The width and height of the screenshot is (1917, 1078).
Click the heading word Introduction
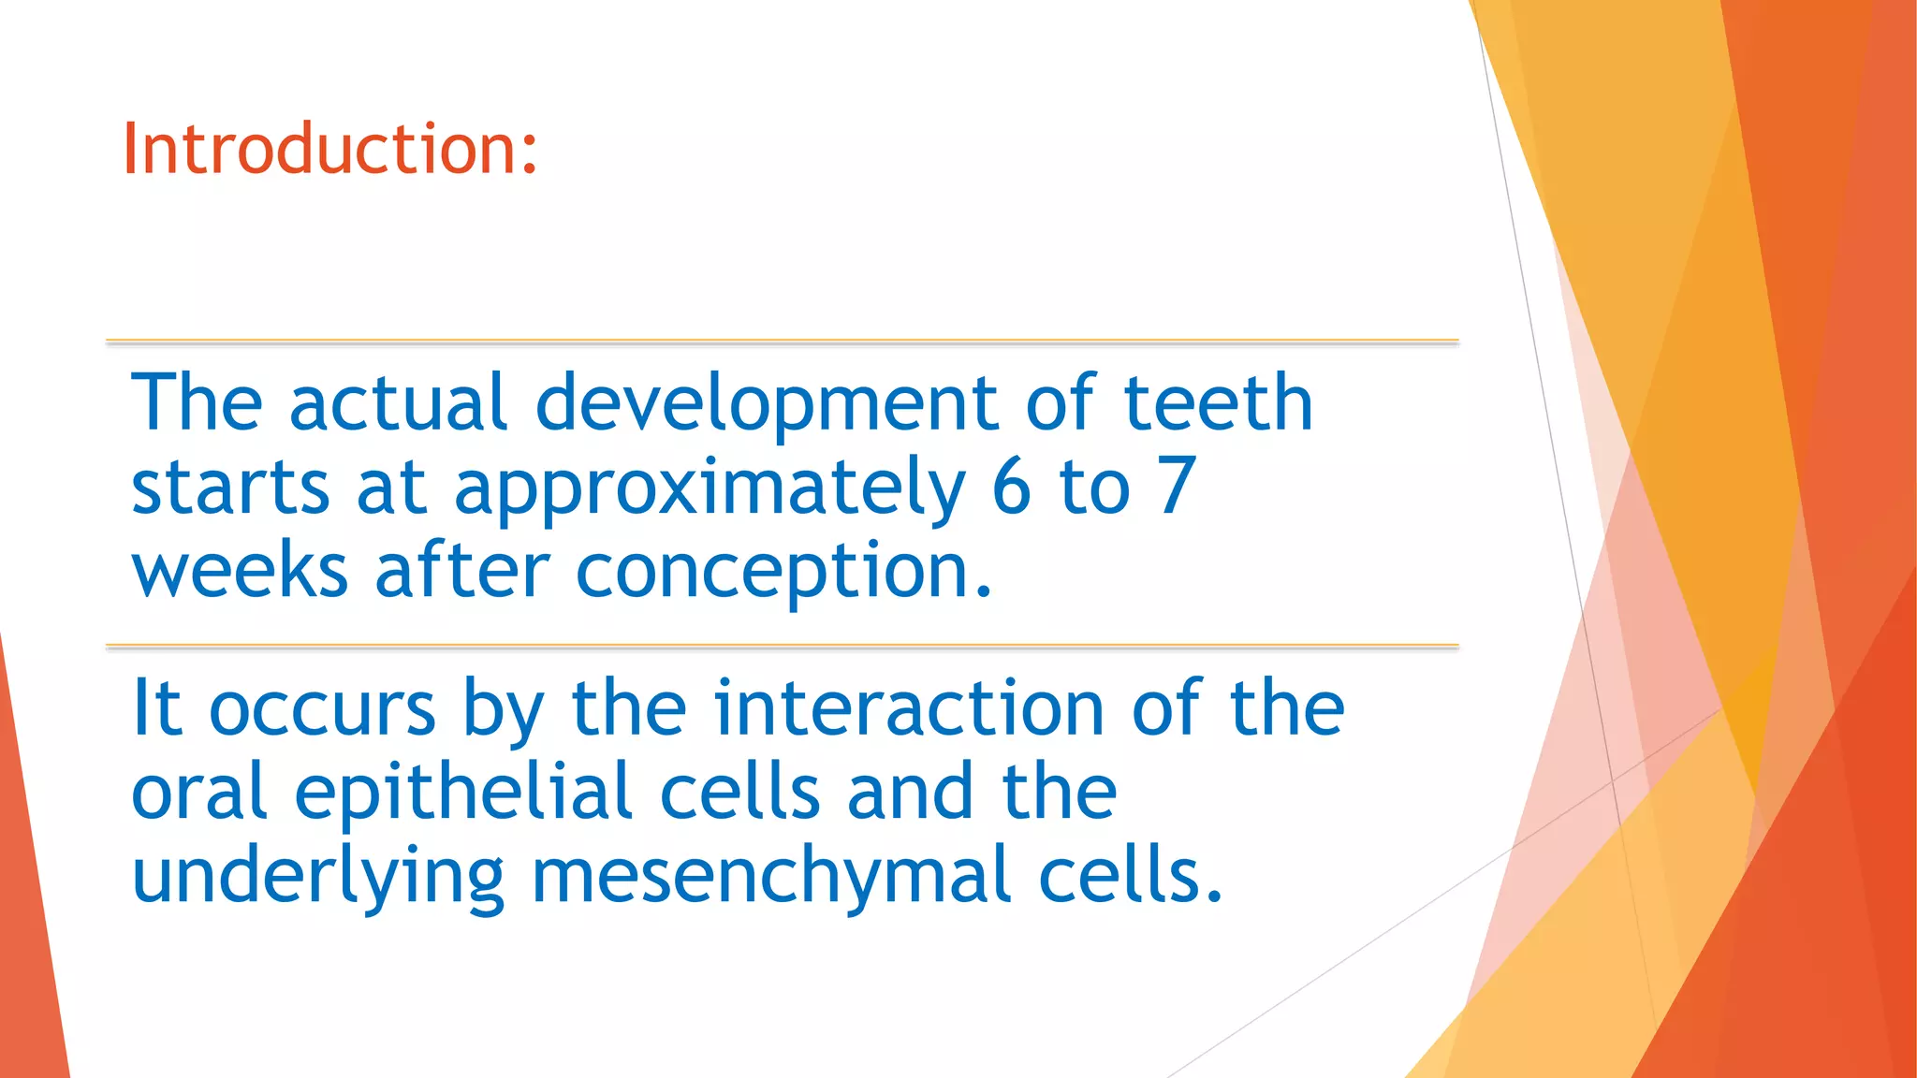(318, 149)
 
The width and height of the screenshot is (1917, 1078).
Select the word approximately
(709, 488)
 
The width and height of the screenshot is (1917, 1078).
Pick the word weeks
(240, 571)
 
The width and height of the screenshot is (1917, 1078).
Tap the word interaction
(909, 708)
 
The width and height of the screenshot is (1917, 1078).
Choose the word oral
(198, 792)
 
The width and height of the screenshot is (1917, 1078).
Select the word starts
(230, 488)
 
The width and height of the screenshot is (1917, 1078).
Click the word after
(462, 571)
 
